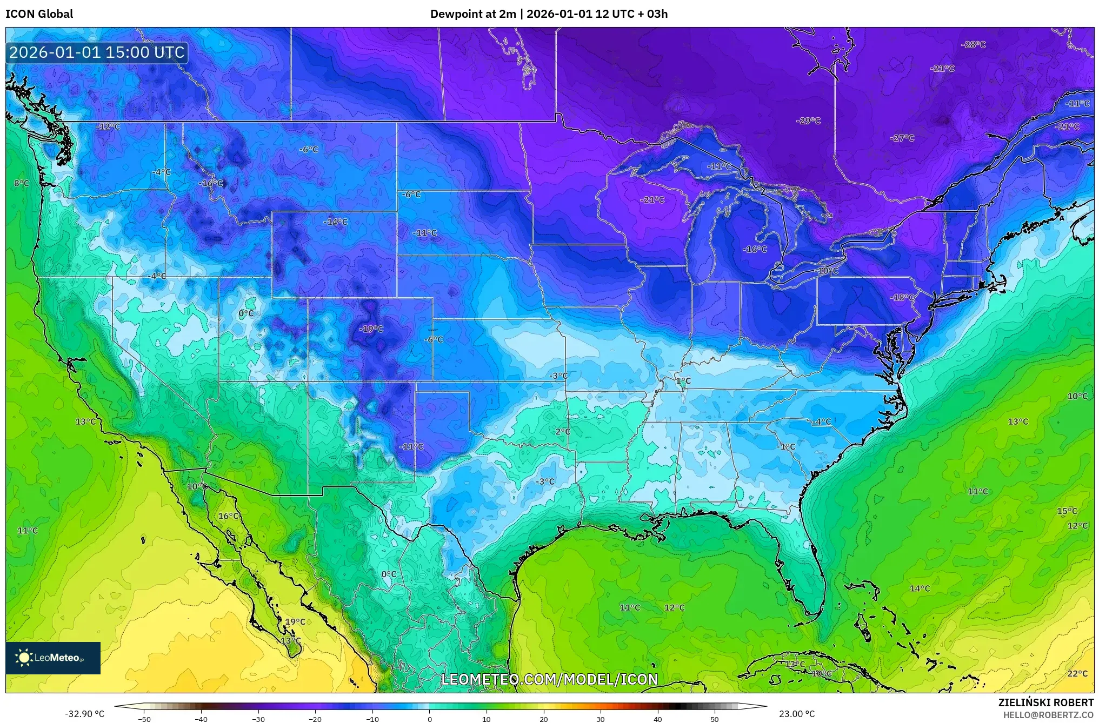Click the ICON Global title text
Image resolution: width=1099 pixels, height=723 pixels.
point(39,14)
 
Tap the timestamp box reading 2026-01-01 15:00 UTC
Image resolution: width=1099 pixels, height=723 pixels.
point(97,52)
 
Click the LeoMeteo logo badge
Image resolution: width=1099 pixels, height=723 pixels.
point(53,658)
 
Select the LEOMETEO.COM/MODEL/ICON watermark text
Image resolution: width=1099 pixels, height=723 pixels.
point(549,679)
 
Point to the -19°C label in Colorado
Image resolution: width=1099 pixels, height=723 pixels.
point(371,329)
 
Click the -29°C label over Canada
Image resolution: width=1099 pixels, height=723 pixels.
point(808,120)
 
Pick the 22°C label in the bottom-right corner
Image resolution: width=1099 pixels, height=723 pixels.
point(1077,673)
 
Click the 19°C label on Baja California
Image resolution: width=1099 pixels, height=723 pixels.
point(295,621)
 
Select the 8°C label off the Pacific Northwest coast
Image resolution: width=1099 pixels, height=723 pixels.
point(22,183)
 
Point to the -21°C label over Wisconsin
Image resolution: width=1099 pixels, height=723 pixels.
point(652,199)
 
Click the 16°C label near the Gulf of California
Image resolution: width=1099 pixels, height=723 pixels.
point(229,516)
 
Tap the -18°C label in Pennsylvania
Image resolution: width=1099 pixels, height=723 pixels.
point(902,297)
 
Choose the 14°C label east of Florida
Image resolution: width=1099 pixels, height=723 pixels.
point(920,588)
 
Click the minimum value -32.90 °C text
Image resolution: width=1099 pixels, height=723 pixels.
point(85,714)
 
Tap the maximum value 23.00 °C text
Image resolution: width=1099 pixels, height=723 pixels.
point(796,714)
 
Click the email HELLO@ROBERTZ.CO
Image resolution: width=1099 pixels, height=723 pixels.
point(1048,715)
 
